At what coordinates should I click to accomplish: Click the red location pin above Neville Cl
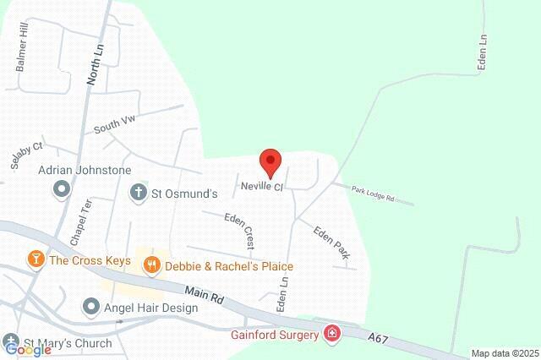[270, 159]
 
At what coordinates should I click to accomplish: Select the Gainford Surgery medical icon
[332, 335]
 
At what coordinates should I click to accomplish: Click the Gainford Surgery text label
[275, 335]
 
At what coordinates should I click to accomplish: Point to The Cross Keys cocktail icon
[36, 259]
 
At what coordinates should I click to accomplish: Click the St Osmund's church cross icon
[138, 193]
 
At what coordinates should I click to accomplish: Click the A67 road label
[379, 337]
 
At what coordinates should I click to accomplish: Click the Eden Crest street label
[239, 231]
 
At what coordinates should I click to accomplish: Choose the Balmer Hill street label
[22, 53]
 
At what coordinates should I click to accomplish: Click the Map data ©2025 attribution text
[504, 353]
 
